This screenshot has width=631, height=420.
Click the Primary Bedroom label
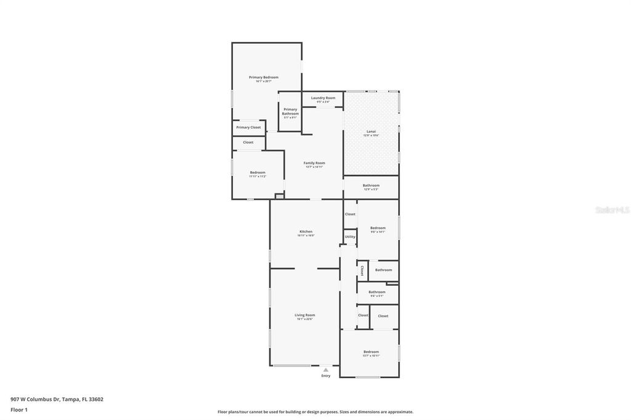(264, 78)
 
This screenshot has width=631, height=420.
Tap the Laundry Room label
(323, 98)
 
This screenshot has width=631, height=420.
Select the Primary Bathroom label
(290, 111)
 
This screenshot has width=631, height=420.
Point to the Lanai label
(371, 131)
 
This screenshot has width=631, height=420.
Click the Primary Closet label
(248, 127)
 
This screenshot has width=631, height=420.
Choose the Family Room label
(314, 163)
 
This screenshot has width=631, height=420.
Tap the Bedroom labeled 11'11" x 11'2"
(258, 172)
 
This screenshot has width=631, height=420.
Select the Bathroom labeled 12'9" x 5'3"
(371, 185)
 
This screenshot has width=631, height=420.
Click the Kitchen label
(306, 232)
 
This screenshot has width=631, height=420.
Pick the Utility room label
(350, 236)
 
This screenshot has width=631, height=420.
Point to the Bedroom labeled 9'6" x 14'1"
(378, 228)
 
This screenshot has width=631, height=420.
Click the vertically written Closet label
(362, 270)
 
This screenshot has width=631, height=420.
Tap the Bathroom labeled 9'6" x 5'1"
(377, 292)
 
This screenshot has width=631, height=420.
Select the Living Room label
(306, 315)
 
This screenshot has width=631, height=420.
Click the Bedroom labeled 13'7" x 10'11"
(371, 352)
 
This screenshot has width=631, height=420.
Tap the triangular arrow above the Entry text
(326, 370)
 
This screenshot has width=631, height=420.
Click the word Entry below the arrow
(326, 376)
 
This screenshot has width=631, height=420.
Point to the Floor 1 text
(19, 410)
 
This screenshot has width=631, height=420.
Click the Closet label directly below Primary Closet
(248, 142)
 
